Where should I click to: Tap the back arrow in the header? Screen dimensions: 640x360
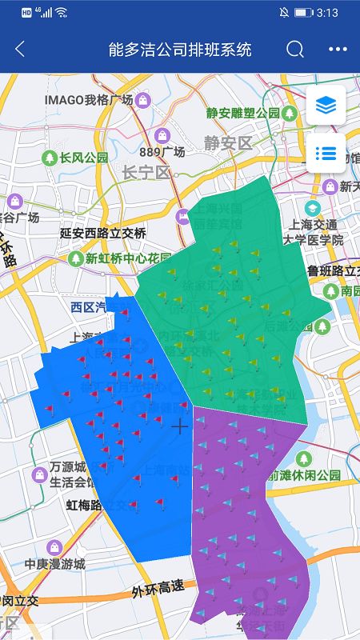click(x=20, y=49)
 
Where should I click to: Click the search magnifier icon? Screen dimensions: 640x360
click(x=295, y=49)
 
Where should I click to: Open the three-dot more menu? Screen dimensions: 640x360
click(x=338, y=49)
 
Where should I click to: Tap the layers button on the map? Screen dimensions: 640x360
click(x=326, y=105)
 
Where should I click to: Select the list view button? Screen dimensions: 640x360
click(x=326, y=153)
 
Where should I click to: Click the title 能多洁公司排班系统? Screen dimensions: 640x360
click(x=180, y=49)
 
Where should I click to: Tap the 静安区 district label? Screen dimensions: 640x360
click(x=227, y=143)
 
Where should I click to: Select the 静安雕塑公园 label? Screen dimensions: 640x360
click(x=242, y=113)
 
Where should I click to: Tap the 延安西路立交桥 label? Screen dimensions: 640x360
click(x=103, y=233)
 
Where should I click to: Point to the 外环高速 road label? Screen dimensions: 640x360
click(x=158, y=590)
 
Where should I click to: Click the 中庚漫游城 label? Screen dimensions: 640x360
click(x=54, y=563)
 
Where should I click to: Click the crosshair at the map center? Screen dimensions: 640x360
click(x=180, y=426)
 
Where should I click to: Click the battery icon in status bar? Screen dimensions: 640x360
click(x=303, y=13)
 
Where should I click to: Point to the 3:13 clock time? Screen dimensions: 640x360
click(x=327, y=13)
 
